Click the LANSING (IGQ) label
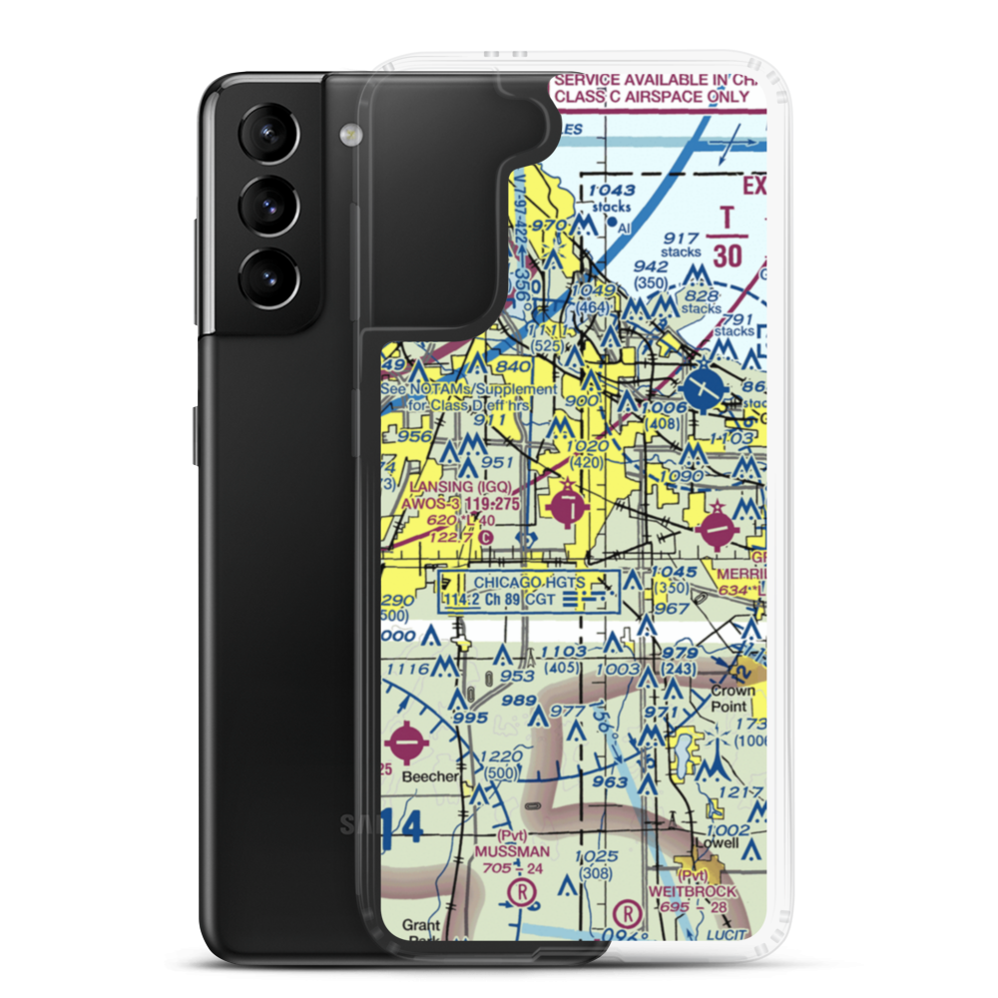[x=460, y=487]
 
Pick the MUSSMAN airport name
[x=512, y=851]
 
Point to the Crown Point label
[x=732, y=698]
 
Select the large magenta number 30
[x=728, y=255]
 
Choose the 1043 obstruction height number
[x=611, y=190]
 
